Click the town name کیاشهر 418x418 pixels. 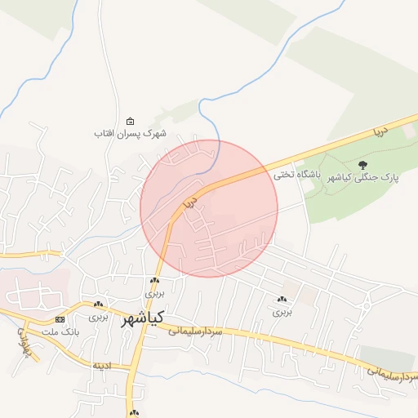tap(143, 318)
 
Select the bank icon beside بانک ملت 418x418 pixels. tap(60, 319)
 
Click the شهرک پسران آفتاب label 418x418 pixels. tap(129, 133)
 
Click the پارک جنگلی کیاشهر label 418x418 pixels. tap(362, 177)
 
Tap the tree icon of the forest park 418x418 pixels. tap(363, 165)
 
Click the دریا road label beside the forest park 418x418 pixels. tap(378, 131)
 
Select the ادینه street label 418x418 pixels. tap(101, 364)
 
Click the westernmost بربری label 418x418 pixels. tap(98, 315)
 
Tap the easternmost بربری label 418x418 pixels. tap(282, 311)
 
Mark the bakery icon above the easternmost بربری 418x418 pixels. tap(282, 300)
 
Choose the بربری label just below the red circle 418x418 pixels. tap(154, 292)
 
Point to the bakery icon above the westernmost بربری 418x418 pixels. tap(98, 304)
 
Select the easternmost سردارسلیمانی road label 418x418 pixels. tap(393, 370)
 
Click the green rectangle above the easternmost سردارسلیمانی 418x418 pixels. tap(389, 354)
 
